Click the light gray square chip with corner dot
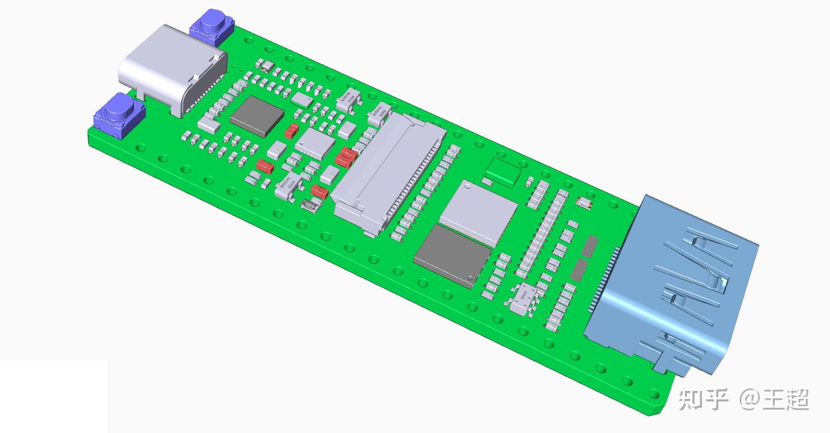pos(478,210)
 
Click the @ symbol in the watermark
pos(749,399)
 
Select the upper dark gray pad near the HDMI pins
pos(591,245)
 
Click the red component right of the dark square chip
pos(291,130)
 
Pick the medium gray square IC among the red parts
pos(315,143)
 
